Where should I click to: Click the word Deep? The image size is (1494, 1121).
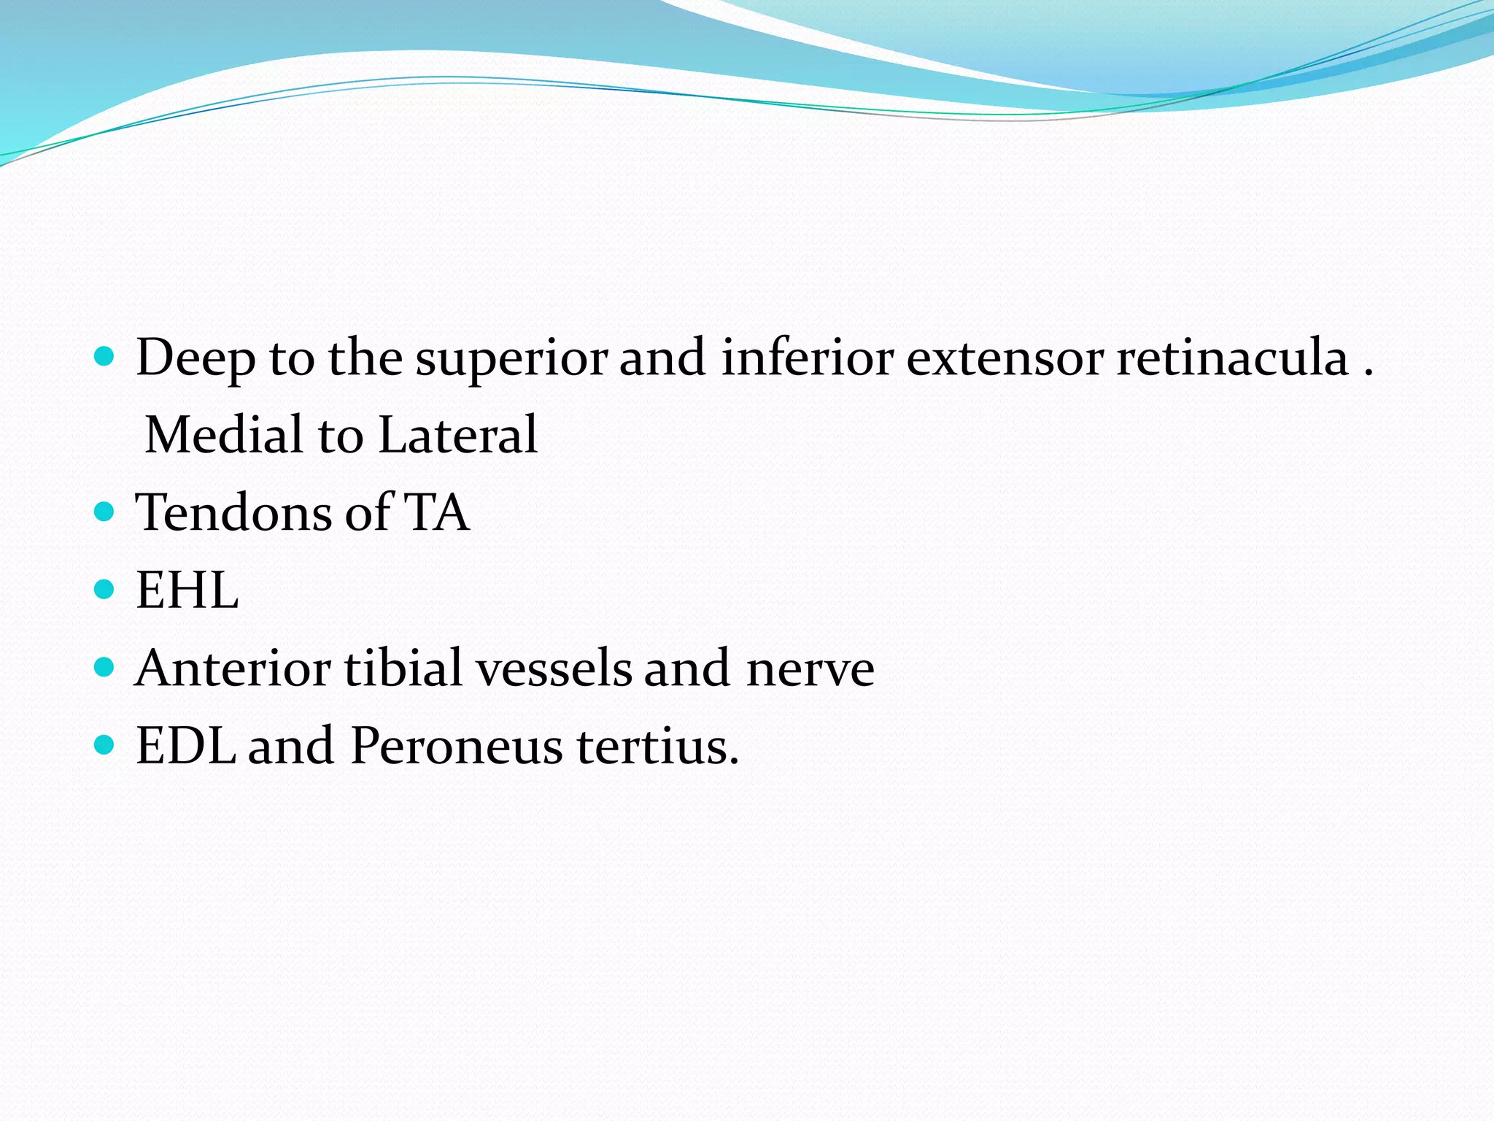coord(196,359)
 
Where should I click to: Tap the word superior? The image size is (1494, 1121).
coord(511,359)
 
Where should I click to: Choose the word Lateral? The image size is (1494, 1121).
coord(458,436)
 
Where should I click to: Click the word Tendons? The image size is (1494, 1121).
coord(234,512)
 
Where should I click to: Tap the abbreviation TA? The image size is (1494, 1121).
coord(436,512)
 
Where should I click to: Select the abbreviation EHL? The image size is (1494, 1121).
coord(187,590)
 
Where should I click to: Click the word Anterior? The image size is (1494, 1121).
coord(233,668)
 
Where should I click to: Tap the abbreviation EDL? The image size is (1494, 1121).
coord(186,746)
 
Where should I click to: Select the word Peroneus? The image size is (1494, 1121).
coord(456,746)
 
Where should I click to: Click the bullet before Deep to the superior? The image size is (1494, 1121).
coord(105,357)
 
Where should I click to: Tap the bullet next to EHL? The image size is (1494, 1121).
coord(105,589)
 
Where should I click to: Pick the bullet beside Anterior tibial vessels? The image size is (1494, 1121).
coord(105,667)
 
